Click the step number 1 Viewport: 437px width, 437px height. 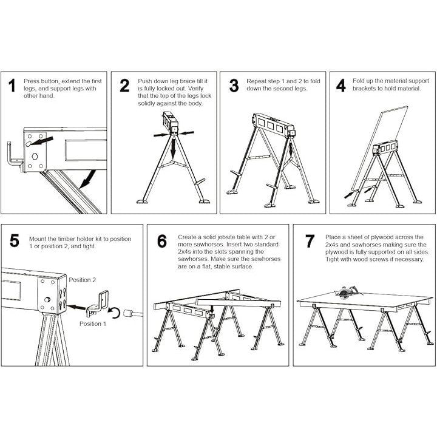tap(11, 85)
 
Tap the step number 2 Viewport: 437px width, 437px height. tap(124, 85)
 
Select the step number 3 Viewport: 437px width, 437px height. tap(234, 85)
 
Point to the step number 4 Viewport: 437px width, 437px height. tap(341, 85)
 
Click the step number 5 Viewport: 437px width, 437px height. tap(15, 241)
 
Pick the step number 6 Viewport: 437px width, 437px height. tap(162, 241)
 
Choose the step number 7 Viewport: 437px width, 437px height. tap(310, 241)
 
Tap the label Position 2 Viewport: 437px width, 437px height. tap(83, 280)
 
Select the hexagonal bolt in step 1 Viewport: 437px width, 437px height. tap(35, 157)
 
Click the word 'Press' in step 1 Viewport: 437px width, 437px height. tap(31, 81)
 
